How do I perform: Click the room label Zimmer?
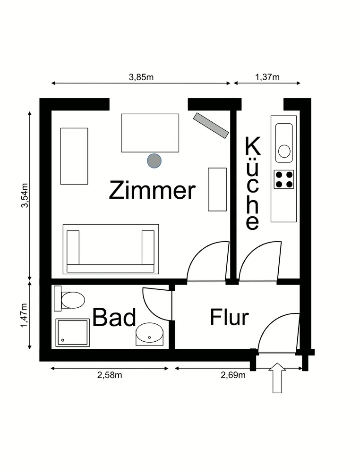[152, 190]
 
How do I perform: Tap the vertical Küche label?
[252, 183]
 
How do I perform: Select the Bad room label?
[114, 317]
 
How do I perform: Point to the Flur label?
[229, 317]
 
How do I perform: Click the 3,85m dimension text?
[141, 77]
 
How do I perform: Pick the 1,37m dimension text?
[267, 77]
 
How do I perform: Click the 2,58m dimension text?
[110, 375]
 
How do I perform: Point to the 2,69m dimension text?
[233, 375]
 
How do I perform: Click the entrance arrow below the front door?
[277, 378]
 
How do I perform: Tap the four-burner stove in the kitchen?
[284, 179]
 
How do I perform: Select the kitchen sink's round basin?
[284, 151]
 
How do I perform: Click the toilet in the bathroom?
[69, 300]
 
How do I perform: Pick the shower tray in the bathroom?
[73, 333]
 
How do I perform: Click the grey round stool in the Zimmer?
[154, 160]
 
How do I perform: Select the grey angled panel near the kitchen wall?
[211, 125]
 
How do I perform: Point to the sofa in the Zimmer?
[111, 249]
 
